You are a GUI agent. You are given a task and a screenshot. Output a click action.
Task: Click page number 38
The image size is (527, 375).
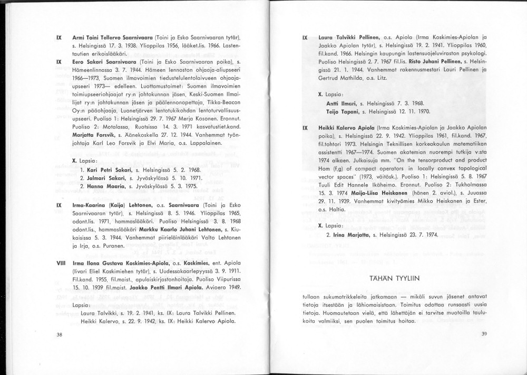[x=60, y=334]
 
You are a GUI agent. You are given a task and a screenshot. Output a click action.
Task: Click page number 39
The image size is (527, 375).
[x=485, y=334]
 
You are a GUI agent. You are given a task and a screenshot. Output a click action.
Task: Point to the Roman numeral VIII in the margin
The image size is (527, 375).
[x=60, y=262]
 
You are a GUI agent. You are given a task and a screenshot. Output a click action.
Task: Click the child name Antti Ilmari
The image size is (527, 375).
[x=341, y=104]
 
